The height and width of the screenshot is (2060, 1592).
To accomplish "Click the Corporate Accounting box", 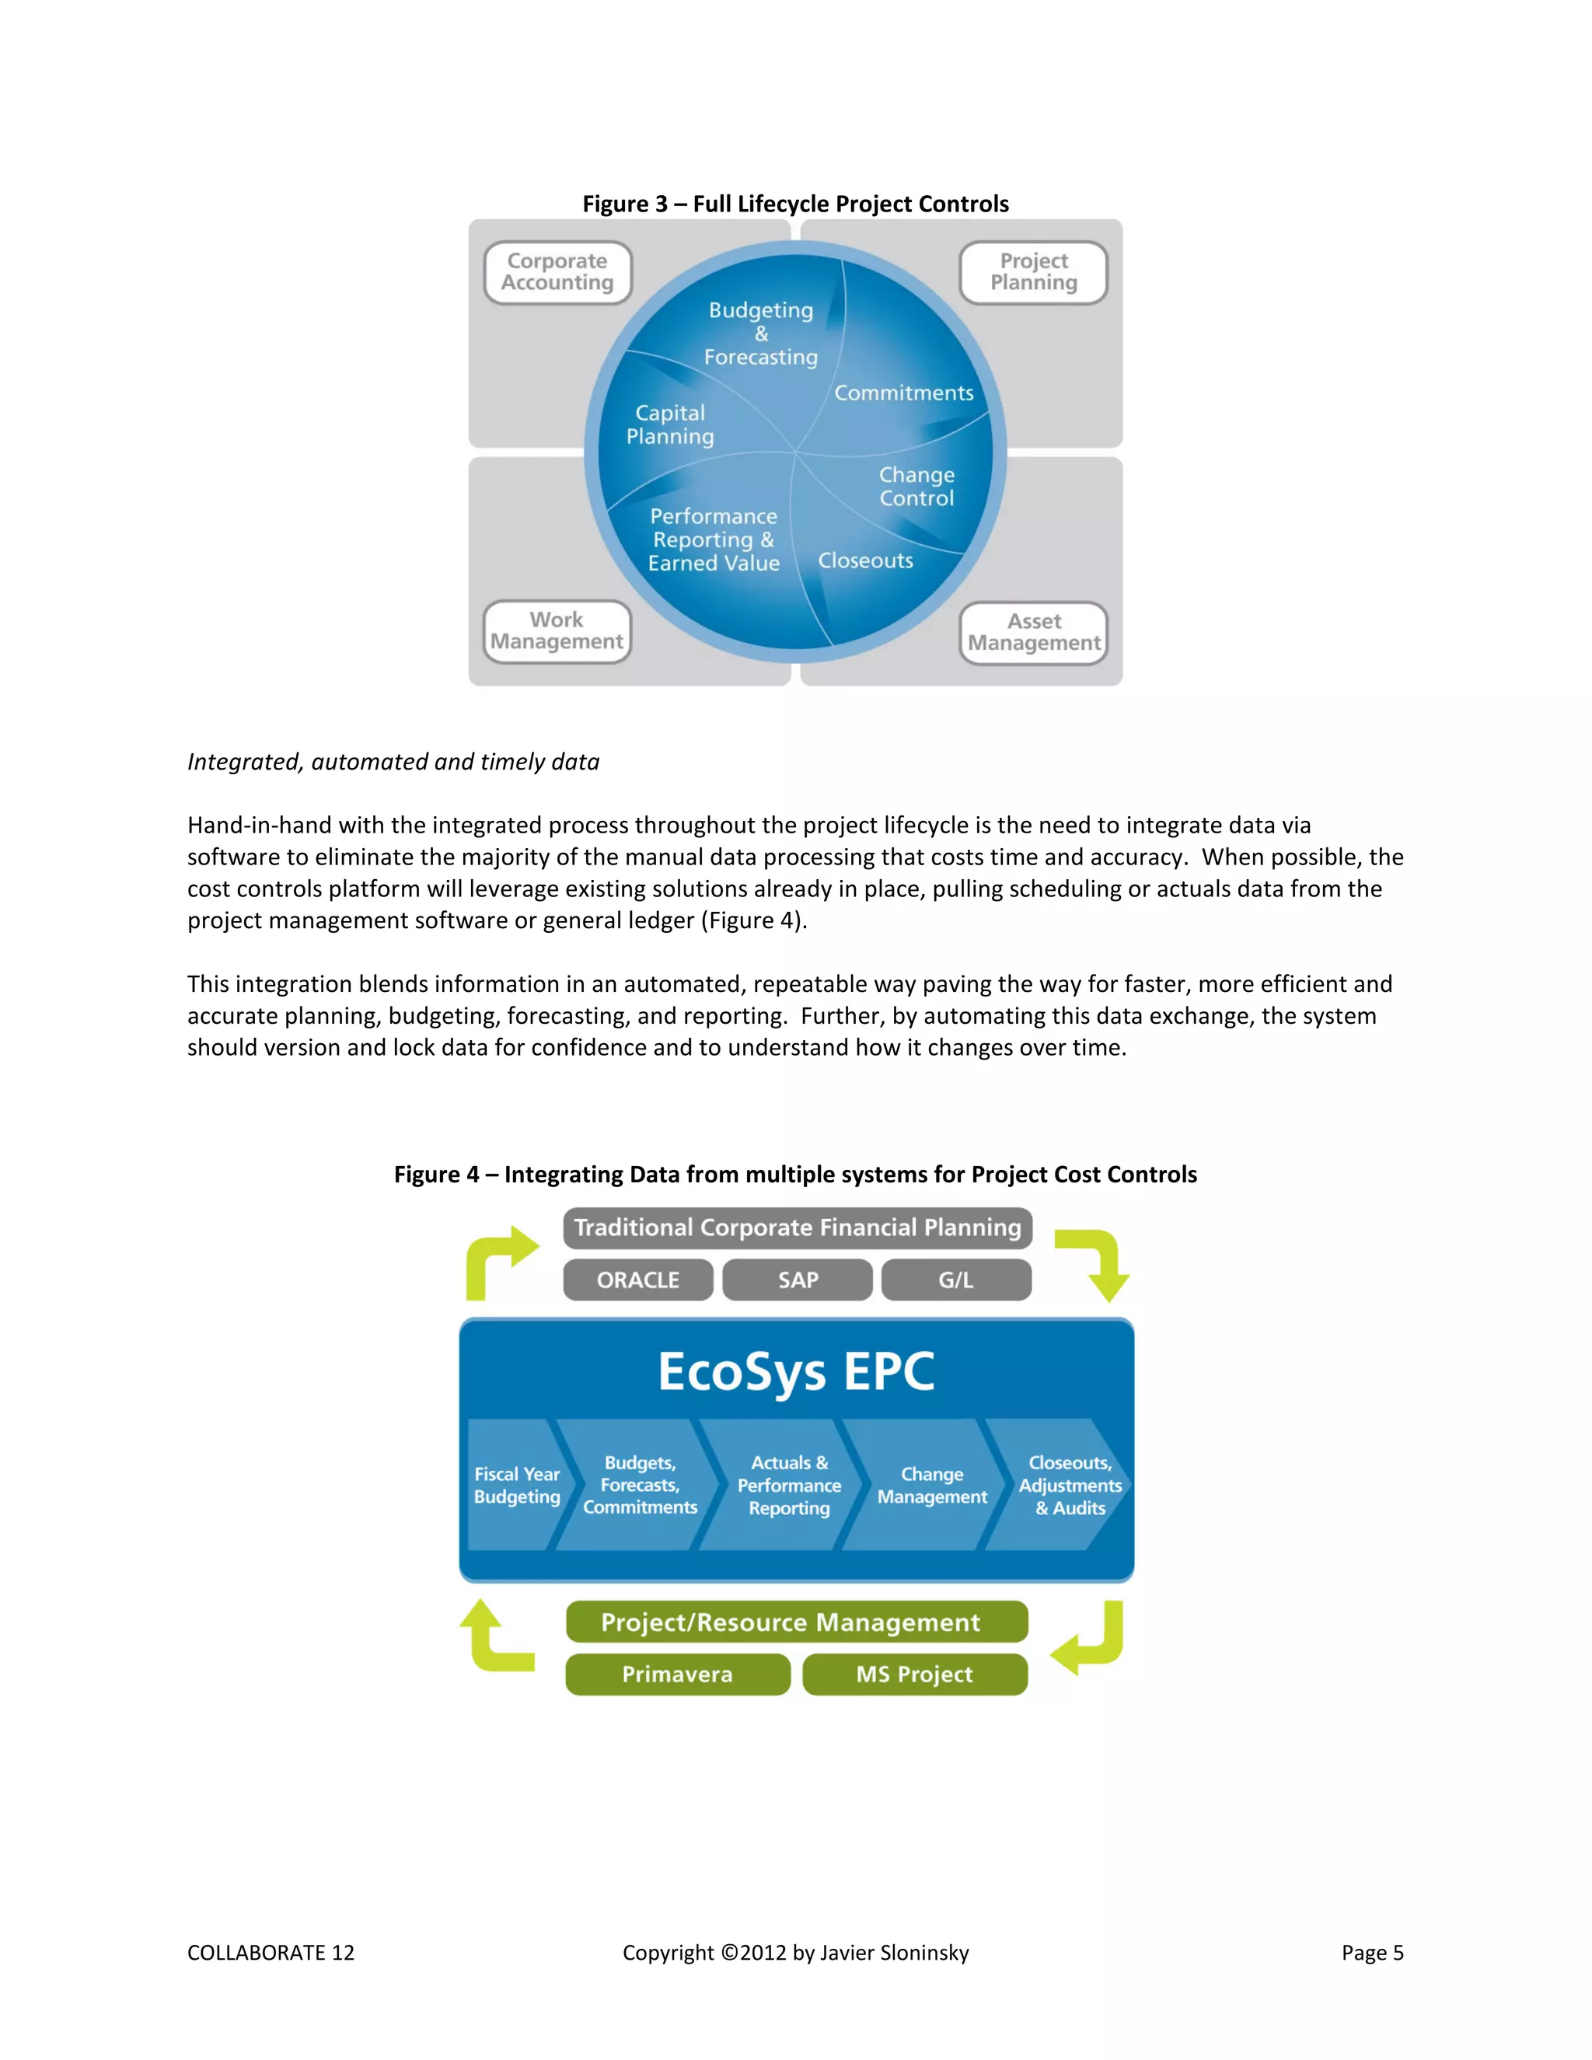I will (557, 273).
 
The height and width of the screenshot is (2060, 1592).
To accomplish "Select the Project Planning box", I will (1034, 273).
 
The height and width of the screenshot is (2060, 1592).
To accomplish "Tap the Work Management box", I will (557, 631).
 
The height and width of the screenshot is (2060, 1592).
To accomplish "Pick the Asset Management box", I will (1034, 633).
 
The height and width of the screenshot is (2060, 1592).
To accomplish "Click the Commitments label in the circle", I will (903, 393).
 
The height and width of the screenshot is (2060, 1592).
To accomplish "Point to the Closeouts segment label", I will (865, 561).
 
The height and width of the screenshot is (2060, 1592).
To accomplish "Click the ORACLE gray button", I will (637, 1280).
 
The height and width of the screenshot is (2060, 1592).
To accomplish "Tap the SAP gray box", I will (797, 1280).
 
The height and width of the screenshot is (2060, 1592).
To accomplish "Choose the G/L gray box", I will (955, 1280).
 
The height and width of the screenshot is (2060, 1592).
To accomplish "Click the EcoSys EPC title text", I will (796, 1371).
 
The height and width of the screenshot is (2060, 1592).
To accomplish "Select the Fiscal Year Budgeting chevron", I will (516, 1486).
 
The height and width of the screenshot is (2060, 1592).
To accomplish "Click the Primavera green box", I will (677, 1674).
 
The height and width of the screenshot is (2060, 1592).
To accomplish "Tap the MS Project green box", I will (914, 1674).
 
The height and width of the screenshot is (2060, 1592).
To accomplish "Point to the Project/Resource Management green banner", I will (796, 1622).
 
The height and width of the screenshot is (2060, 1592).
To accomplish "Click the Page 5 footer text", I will (1372, 1953).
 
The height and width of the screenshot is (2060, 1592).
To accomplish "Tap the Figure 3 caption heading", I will (795, 204).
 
